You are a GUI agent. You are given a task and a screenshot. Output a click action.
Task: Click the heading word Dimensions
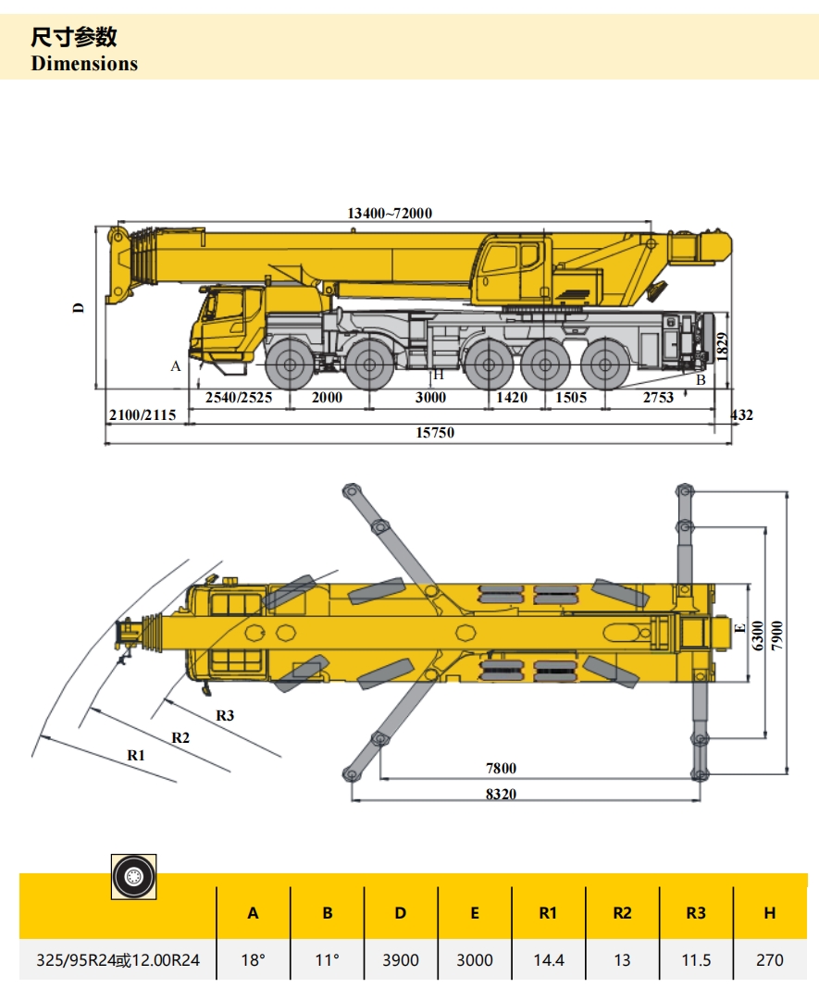point(84,64)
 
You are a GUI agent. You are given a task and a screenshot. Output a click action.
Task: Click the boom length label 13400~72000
point(390,214)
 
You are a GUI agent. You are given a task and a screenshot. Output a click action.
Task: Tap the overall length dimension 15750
point(436,433)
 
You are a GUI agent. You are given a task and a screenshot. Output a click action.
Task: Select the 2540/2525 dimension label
point(239,398)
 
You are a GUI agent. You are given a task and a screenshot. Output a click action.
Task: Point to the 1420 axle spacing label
point(512,398)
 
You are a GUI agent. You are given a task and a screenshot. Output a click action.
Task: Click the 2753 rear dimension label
point(659,398)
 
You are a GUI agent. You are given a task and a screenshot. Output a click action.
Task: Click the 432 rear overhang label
point(741,415)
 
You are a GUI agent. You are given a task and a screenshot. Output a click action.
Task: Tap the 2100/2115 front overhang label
point(142,415)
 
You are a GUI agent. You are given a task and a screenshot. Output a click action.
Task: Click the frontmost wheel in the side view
point(291,364)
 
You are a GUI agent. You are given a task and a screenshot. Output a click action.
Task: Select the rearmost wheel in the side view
point(606,364)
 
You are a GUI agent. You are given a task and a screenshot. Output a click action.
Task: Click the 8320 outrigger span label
point(526,794)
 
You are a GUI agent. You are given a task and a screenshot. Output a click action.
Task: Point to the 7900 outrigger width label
point(778,635)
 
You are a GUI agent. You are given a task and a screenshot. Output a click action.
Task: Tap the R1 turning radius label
point(137,755)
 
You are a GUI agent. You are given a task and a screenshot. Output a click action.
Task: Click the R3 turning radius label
point(225,715)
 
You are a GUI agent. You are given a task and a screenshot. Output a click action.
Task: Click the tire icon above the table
point(133,876)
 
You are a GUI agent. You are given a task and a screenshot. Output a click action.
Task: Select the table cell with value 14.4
point(548,960)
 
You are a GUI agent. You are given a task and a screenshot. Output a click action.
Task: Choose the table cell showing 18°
point(253,960)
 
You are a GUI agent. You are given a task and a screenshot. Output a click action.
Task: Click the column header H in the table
point(769,913)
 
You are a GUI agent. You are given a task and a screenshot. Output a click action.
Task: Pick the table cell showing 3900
point(400,960)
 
